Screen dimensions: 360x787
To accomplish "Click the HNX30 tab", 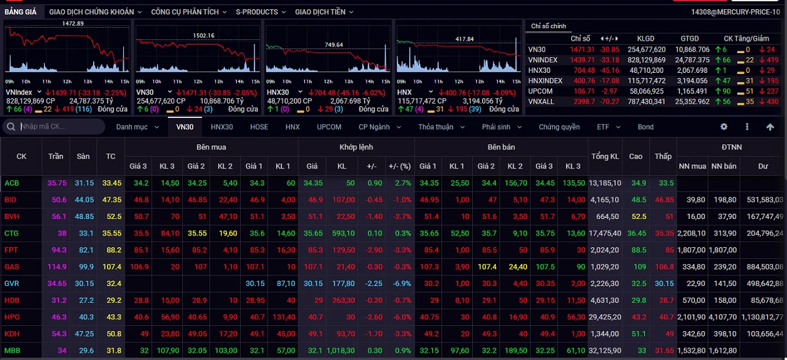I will (x=222, y=127).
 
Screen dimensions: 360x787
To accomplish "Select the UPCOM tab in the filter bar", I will (x=329, y=127).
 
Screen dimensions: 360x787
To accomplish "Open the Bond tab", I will (x=645, y=127).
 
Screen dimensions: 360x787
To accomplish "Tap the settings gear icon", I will (x=724, y=127).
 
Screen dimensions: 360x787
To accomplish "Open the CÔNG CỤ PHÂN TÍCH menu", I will (x=189, y=12).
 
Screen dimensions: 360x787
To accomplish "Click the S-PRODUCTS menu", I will (x=260, y=12).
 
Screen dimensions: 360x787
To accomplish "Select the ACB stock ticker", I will (x=12, y=183).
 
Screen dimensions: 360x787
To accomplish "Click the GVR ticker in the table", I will (x=12, y=283).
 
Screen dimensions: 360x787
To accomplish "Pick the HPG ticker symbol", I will (x=12, y=317).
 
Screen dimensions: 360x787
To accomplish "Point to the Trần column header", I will (x=56, y=157).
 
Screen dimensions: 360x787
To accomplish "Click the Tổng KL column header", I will (x=605, y=157).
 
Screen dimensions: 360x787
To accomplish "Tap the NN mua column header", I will (x=692, y=167).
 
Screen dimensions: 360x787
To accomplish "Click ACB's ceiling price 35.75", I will (x=56, y=183).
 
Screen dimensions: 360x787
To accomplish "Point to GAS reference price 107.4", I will (x=110, y=267).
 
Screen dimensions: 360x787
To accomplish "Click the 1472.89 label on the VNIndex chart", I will (x=73, y=24).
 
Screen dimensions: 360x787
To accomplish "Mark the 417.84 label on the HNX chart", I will (x=464, y=39).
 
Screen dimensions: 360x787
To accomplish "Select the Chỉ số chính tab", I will (x=548, y=26).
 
